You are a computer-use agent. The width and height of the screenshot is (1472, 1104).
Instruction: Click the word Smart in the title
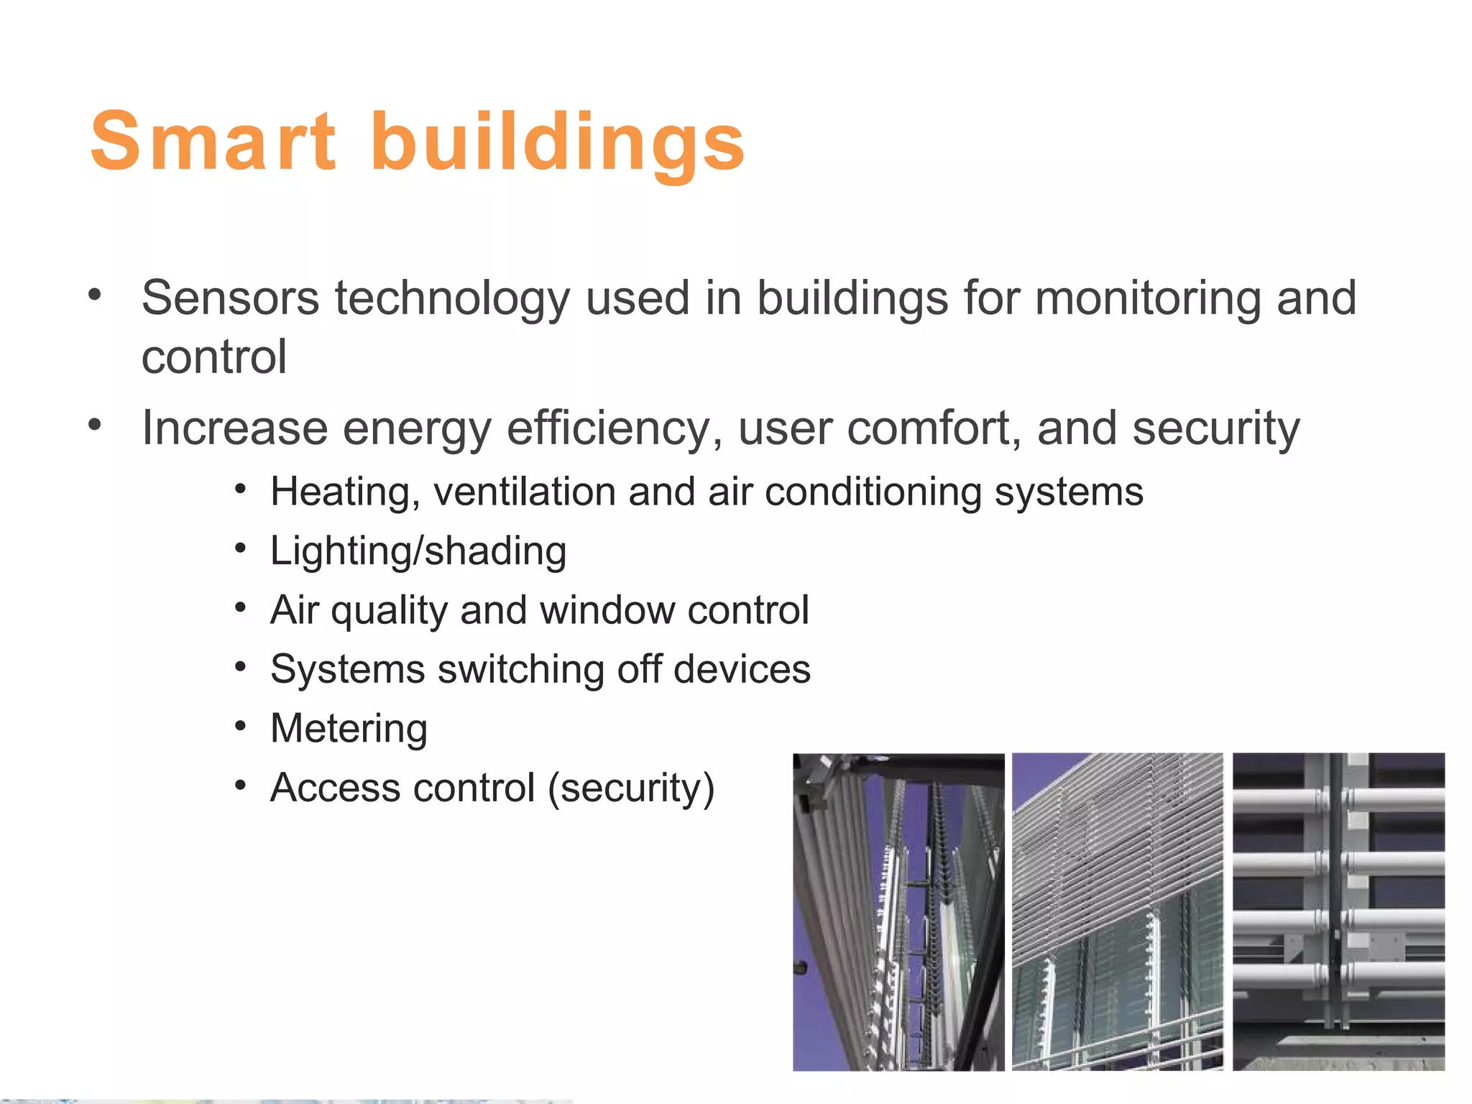(x=213, y=142)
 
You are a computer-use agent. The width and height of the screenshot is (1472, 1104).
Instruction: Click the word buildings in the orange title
(x=558, y=142)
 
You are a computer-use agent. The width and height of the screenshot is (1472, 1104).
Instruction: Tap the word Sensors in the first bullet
(x=230, y=298)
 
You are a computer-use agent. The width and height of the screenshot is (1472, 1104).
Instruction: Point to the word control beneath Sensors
(x=214, y=357)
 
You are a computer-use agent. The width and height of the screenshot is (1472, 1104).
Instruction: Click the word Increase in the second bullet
(x=234, y=428)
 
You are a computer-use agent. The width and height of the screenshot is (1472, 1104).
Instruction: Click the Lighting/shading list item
(x=418, y=552)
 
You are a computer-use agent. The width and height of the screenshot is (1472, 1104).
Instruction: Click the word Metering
(x=349, y=729)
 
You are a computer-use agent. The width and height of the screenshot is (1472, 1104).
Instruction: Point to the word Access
(x=331, y=788)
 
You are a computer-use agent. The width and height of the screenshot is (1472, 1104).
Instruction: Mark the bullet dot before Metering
(x=241, y=726)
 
